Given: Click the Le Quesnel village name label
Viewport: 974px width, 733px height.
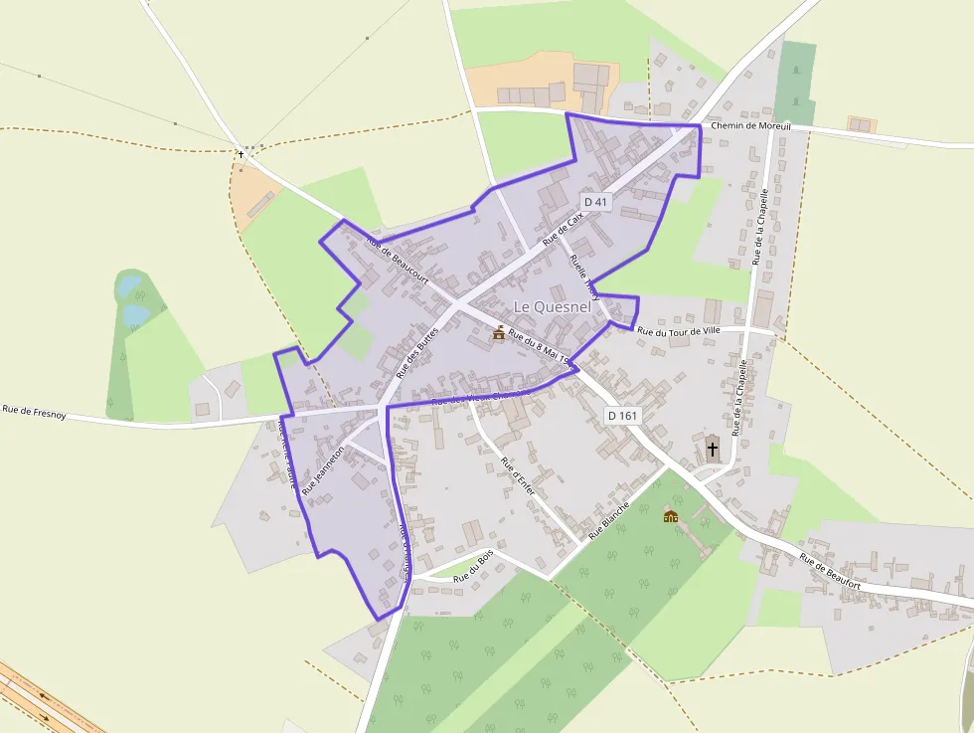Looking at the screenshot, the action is pyautogui.click(x=552, y=307).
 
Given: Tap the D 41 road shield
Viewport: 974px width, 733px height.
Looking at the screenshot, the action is pyautogui.click(x=595, y=202).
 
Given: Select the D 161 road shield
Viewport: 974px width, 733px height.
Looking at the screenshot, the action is pyautogui.click(x=623, y=415).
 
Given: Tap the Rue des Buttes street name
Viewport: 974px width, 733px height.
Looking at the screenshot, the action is pyautogui.click(x=416, y=352).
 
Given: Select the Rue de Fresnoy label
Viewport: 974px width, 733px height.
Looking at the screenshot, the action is pyautogui.click(x=34, y=410).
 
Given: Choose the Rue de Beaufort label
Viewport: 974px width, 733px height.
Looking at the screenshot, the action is pyautogui.click(x=830, y=572).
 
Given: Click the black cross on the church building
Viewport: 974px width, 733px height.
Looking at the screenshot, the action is pyautogui.click(x=712, y=449).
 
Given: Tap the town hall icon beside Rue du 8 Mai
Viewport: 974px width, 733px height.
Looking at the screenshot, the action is pyautogui.click(x=498, y=333).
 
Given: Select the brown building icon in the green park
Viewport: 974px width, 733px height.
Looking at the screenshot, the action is pyautogui.click(x=671, y=516).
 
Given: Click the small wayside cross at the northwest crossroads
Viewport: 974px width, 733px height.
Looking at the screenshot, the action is pyautogui.click(x=241, y=155).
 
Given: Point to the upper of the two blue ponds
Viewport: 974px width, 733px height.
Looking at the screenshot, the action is pyautogui.click(x=129, y=286).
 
